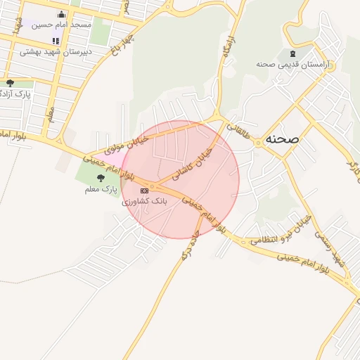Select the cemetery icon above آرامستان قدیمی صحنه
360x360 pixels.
pos(292,53)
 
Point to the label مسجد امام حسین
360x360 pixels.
pos(60,25)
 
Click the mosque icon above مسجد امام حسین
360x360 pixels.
pos(60,15)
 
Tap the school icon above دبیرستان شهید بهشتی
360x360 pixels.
pos(56,41)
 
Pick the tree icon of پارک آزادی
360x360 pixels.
pos(10,83)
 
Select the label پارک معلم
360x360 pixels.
pos(98,188)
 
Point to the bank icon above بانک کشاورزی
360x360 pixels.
pos(145,190)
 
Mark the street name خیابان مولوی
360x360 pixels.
pos(126,146)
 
